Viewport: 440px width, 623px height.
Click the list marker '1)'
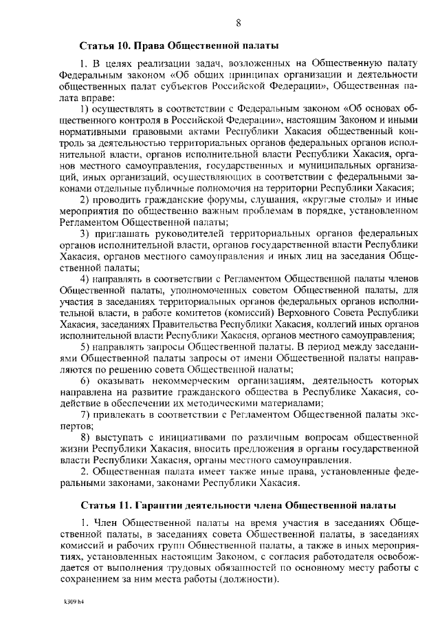tap(85, 108)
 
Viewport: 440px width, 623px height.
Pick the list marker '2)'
tap(85, 200)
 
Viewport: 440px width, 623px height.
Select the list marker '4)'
tap(85, 278)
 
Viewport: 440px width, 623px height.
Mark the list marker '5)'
tap(85, 346)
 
